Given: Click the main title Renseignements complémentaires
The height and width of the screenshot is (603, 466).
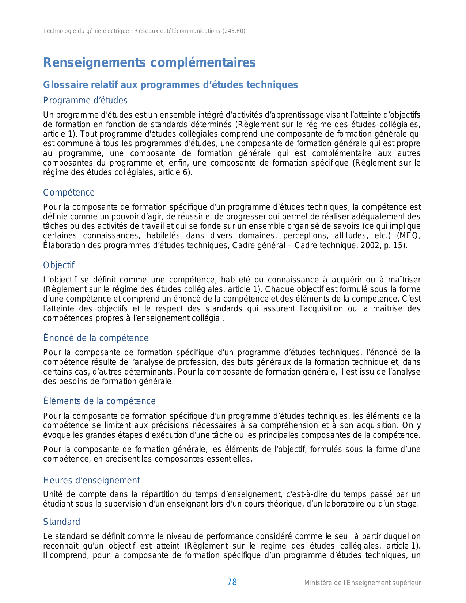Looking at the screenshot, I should (x=149, y=63).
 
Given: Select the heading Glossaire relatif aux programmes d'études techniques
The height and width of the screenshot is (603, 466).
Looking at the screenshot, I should (x=170, y=85).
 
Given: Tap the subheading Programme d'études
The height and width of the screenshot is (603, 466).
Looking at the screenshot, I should (x=85, y=100).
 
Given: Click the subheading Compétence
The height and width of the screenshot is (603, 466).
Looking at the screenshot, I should (x=69, y=193).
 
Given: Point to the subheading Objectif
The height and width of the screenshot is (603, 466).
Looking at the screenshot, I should (x=58, y=265).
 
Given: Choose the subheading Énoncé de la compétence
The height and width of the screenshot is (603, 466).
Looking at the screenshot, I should (x=96, y=338).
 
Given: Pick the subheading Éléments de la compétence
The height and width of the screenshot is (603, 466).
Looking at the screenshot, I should (x=99, y=401).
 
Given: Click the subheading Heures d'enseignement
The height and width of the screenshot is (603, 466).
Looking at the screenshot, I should (x=91, y=481).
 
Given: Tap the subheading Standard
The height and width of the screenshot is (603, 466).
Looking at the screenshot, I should (x=61, y=522).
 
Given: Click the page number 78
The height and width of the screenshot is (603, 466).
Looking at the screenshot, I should (x=232, y=582).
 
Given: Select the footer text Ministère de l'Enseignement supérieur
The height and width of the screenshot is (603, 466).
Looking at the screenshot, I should (x=362, y=583).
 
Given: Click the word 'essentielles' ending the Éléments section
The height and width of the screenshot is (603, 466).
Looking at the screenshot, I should (x=229, y=459).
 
